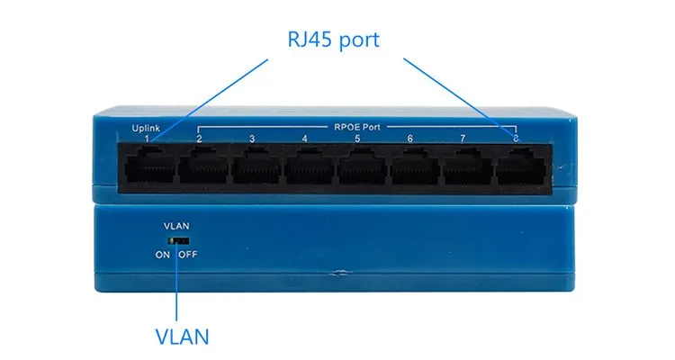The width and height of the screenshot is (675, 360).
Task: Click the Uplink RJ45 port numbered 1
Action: point(148,167)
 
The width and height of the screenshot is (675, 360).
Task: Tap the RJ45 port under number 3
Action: point(254,167)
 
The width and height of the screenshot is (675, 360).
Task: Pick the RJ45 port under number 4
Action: point(306,167)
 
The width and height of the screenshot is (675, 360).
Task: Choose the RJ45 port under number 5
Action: point(359,167)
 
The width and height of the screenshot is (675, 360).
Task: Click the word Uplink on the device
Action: point(146,128)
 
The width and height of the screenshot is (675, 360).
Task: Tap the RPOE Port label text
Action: point(357,127)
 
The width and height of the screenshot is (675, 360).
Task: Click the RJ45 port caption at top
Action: point(334,40)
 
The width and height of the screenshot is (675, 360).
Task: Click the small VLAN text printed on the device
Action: point(175,225)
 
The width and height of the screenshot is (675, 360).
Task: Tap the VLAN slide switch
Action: point(177,240)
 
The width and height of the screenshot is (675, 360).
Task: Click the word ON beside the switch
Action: point(162,255)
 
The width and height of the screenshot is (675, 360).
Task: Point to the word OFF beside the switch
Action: point(187,255)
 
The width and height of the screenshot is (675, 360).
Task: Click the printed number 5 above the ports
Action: point(357,139)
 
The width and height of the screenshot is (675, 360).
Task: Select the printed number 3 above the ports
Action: point(252,139)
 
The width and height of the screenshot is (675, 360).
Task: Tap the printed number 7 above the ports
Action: point(463,139)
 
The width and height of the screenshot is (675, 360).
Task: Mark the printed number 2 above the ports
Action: point(199,139)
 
